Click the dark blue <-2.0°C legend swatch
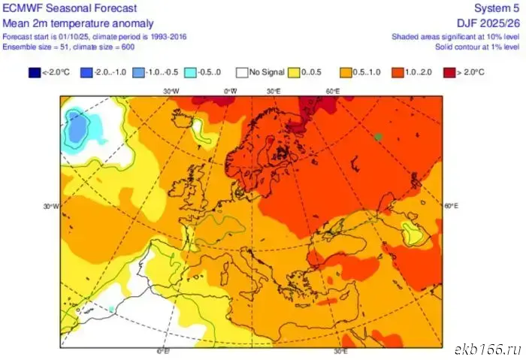point(35,73)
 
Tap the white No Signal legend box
point(242,73)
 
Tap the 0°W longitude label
point(231,91)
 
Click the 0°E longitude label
point(162,351)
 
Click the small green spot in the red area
point(379,136)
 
